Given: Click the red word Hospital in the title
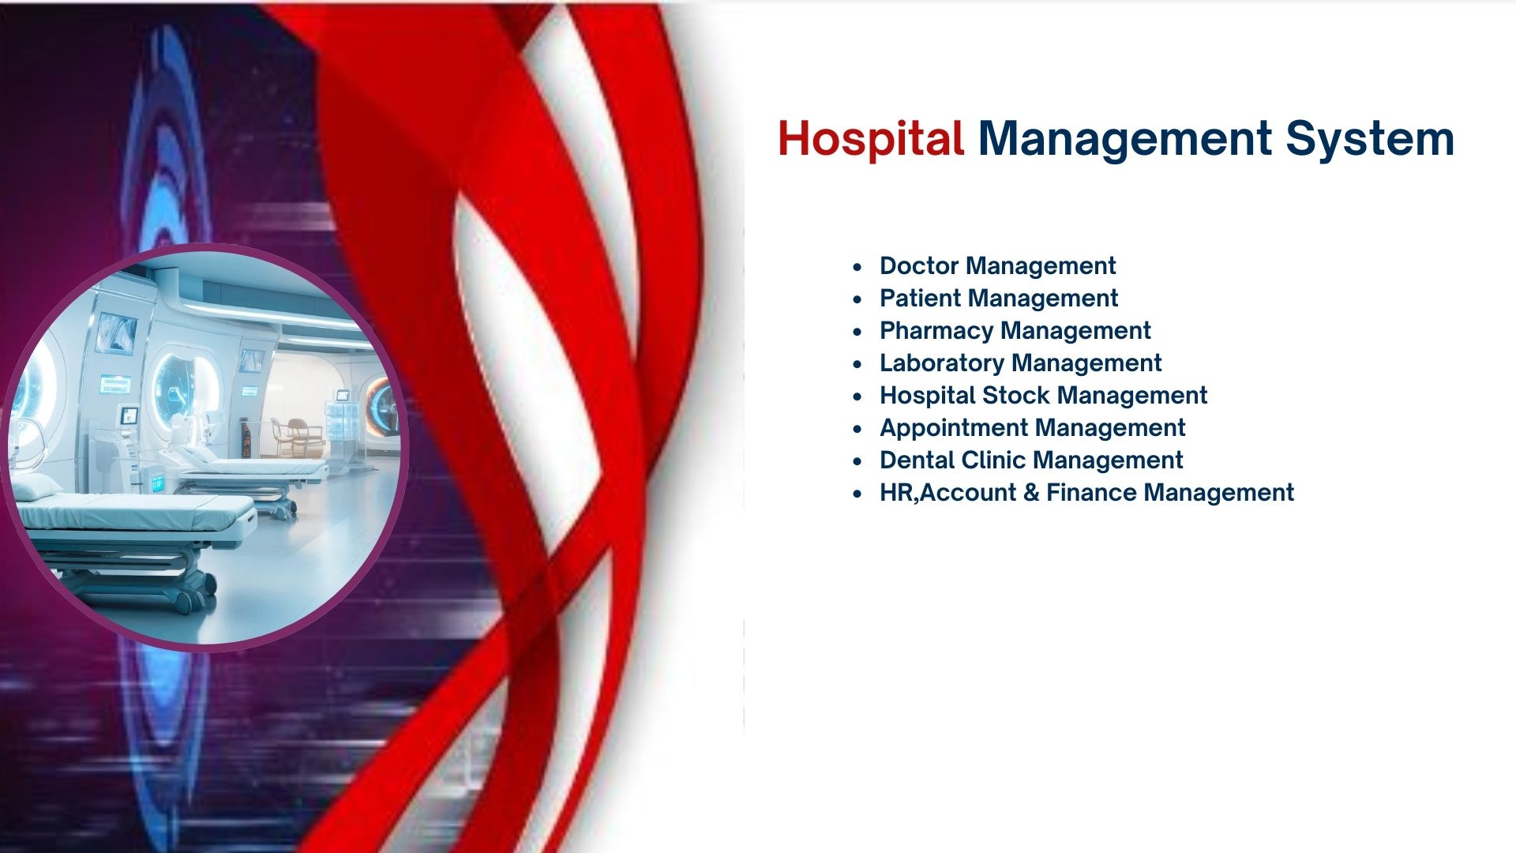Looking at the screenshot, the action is (x=870, y=140).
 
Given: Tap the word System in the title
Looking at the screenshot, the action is (x=1370, y=140).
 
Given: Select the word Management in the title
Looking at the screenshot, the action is (x=1124, y=140).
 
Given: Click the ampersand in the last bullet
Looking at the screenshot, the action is (x=1031, y=493).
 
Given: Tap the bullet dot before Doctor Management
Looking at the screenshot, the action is (x=857, y=267).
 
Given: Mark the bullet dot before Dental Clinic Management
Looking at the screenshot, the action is (x=857, y=461).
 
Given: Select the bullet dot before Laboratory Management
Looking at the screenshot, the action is (x=857, y=364).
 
